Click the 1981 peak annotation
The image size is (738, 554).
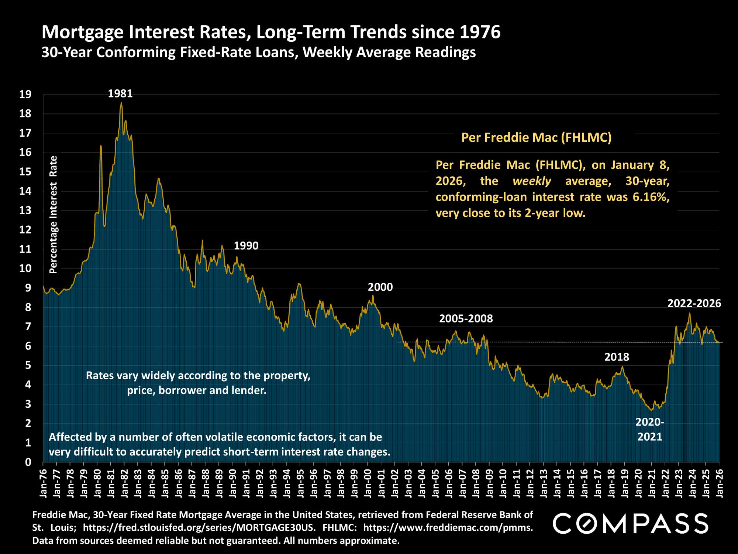(120, 94)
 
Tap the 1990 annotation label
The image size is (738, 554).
(246, 246)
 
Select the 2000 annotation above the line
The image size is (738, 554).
(380, 287)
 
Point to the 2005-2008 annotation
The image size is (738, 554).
(466, 318)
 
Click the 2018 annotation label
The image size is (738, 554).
(617, 357)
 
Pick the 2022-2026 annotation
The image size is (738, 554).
(694, 304)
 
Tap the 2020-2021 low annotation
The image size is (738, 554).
(650, 429)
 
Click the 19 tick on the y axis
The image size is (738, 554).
(25, 95)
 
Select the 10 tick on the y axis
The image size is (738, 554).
(25, 269)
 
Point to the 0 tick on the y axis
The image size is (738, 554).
(28, 462)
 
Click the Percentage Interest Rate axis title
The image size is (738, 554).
(54, 214)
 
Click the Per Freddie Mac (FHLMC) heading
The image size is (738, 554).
(537, 138)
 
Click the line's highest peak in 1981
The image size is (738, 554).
(121, 103)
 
